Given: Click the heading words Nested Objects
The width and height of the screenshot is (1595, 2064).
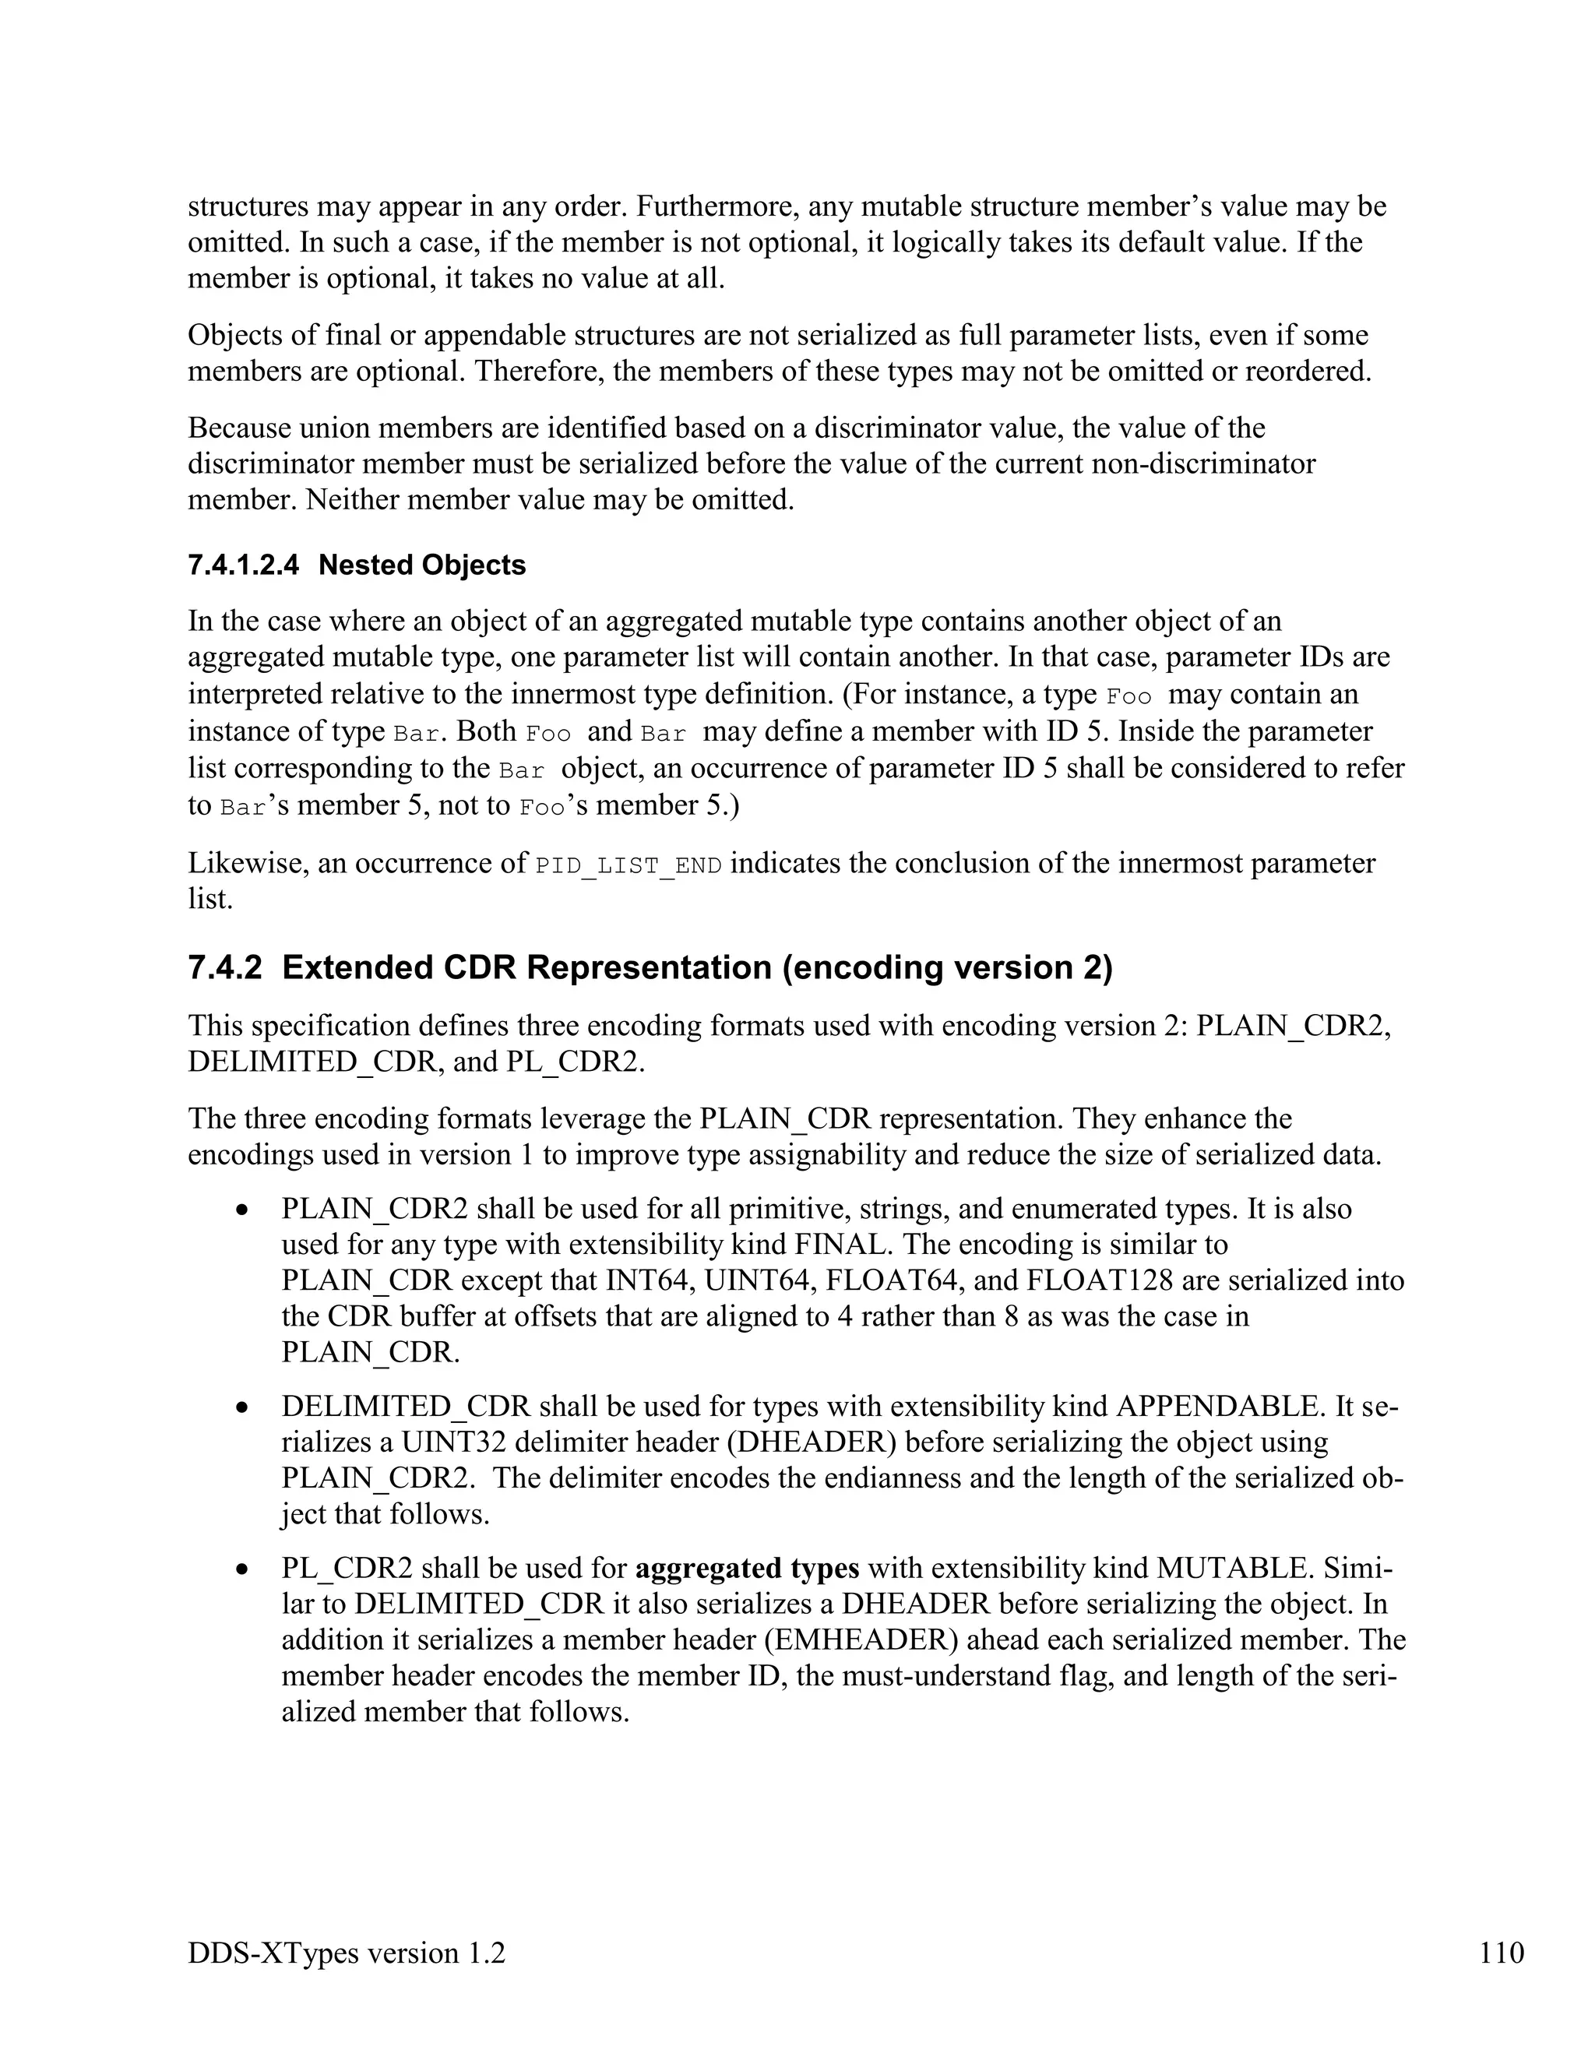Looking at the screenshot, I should (421, 565).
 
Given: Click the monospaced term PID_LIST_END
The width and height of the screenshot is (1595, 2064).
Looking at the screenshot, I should (628, 865).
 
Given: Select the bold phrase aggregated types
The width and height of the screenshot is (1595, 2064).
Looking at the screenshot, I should (746, 1568).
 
